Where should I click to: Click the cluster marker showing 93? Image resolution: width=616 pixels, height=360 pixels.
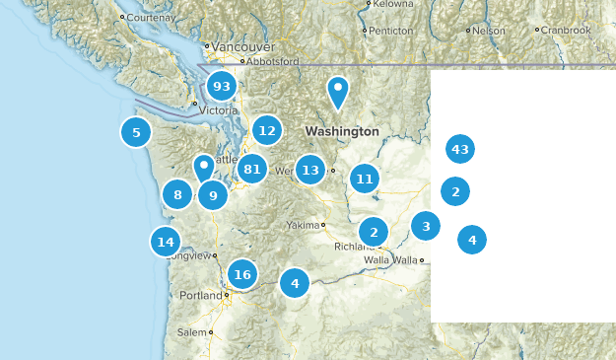pos(222,87)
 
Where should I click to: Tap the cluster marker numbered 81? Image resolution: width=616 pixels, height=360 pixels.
pos(252,170)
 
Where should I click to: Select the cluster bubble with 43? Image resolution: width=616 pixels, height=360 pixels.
pos(459,150)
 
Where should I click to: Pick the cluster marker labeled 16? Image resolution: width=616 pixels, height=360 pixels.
pos(242,275)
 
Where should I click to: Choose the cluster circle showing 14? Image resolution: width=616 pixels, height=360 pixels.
pos(166,242)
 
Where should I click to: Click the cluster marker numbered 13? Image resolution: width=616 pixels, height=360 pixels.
pos(310,171)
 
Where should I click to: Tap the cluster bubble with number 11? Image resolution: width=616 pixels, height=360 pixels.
pos(365,179)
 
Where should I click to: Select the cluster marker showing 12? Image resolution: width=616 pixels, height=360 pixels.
pos(266,129)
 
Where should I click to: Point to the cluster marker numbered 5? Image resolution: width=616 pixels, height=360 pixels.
pos(136,132)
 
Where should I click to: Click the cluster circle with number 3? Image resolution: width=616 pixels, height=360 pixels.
pos(426,227)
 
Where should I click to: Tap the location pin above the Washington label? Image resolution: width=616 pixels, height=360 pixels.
pos(338,92)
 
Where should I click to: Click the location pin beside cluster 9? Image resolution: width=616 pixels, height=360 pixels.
pos(203,167)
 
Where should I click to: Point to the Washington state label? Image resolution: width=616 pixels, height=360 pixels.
pos(342,131)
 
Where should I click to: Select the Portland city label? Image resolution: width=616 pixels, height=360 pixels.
pos(201,296)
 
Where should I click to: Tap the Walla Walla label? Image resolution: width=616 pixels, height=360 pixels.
pos(390,260)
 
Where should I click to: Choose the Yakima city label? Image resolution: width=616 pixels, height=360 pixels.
pos(304,225)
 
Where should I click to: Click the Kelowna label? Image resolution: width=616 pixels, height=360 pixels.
pos(394,4)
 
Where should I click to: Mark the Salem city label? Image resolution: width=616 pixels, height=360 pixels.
pos(193,333)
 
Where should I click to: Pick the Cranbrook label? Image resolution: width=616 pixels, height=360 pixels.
pos(566,31)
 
